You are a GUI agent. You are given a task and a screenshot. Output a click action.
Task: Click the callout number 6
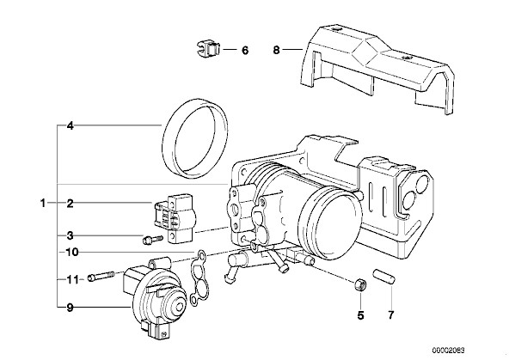coord(245,51)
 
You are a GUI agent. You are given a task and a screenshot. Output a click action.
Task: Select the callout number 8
coord(276,51)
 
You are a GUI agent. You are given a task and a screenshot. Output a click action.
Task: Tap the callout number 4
coord(71,125)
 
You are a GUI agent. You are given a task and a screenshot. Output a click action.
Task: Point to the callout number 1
coord(42,204)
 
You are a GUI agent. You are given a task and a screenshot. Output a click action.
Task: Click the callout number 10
coord(72,252)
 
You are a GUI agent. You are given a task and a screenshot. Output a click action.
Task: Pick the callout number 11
coord(72,279)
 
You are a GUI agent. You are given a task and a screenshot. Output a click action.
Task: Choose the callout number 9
coord(71,307)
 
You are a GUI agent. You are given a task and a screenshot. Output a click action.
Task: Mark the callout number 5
coord(360,315)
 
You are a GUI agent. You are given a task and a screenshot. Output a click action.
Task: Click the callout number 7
coord(391,315)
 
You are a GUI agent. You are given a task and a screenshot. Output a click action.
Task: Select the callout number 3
coord(71,235)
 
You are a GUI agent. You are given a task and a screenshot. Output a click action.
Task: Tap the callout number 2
coord(71,204)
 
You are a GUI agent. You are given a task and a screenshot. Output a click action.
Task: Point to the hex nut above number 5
coord(360,285)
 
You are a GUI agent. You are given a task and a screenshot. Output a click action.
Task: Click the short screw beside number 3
coord(152,240)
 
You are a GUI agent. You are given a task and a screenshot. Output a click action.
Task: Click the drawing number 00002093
coord(448,351)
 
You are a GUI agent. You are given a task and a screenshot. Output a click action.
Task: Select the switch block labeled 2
coord(175,218)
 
